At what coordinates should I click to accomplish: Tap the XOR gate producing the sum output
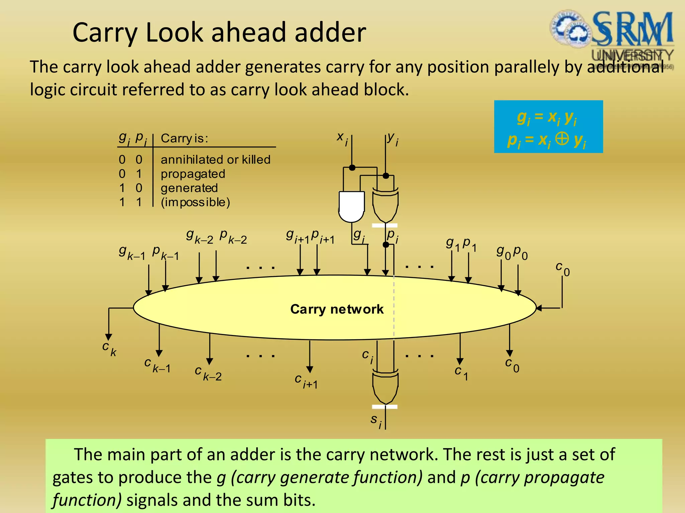point(385,387)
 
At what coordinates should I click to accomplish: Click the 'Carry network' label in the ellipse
point(337,309)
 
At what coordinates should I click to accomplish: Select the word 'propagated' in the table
point(193,174)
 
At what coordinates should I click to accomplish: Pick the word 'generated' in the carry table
point(189,188)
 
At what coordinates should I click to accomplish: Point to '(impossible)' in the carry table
point(195,202)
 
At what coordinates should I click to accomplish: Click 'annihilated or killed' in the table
point(215,160)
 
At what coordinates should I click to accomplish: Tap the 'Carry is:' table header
point(184,138)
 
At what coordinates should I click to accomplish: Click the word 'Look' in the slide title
point(175,33)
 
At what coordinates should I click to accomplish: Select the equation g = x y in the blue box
point(547,117)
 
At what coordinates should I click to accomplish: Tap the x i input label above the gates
point(342,138)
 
